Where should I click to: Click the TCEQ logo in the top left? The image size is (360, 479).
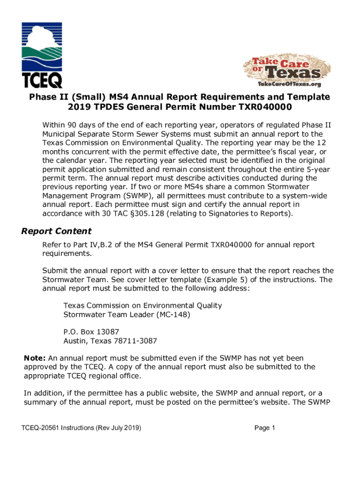[x=43, y=55]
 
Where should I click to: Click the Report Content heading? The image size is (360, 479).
[x=57, y=231]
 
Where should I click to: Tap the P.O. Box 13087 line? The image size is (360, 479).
[x=88, y=332]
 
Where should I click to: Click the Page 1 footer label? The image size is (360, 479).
[x=265, y=428]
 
